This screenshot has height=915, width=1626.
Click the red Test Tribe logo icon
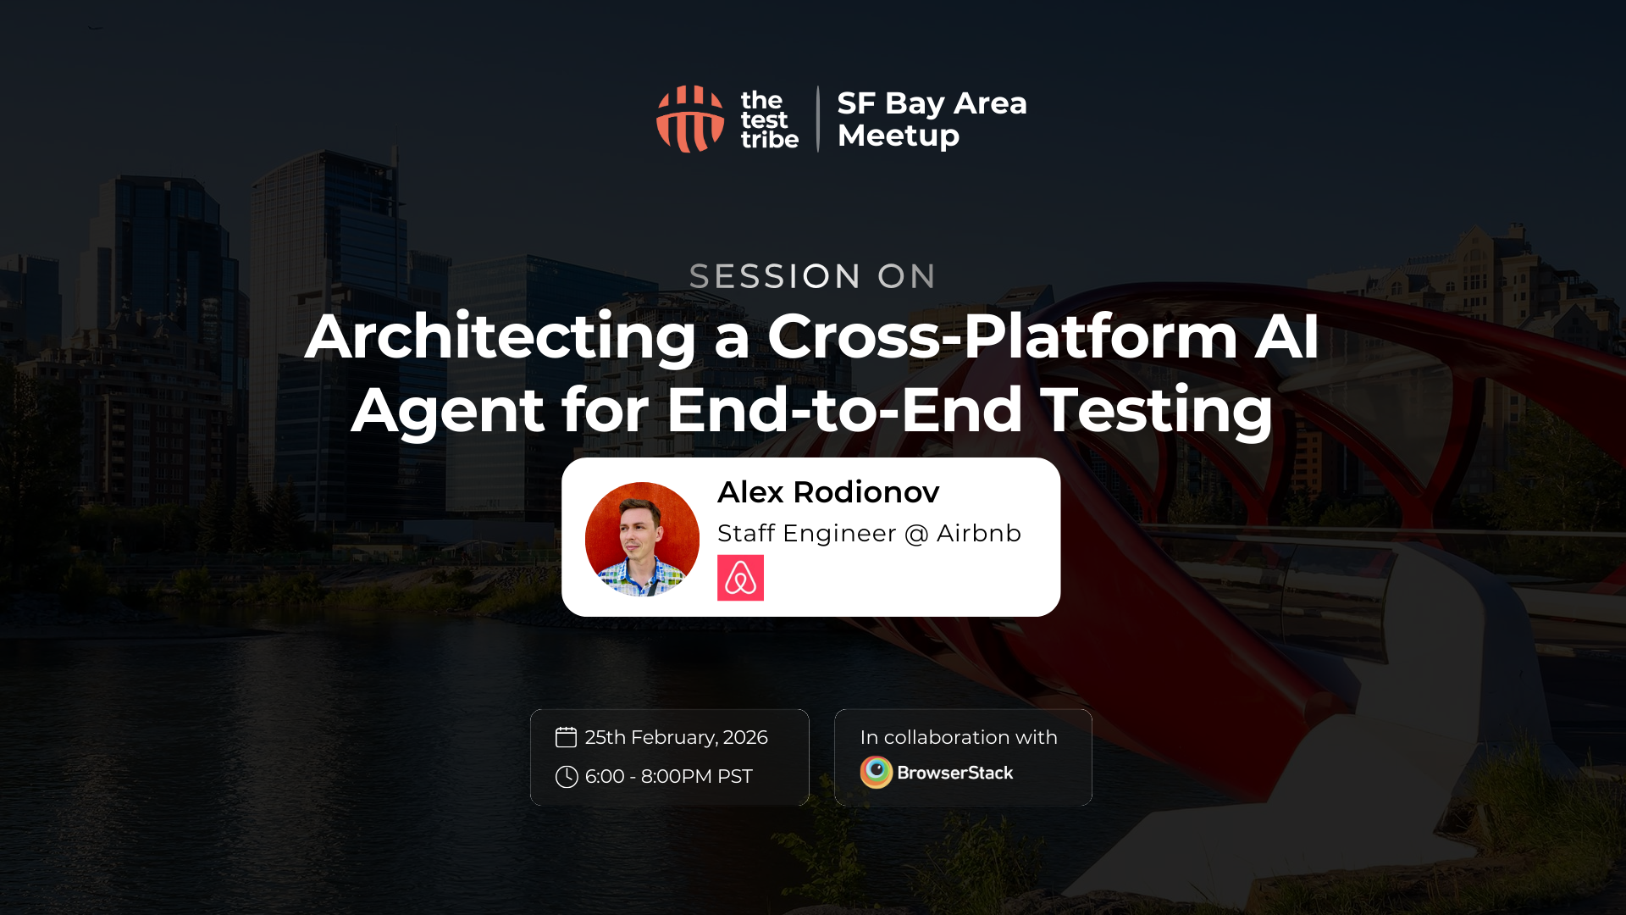coord(690,119)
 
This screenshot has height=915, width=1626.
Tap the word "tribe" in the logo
coord(769,140)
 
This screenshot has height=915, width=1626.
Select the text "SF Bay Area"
coord(932,103)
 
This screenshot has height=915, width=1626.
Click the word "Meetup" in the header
coord(898,136)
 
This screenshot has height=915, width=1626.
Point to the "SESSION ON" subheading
coord(812,276)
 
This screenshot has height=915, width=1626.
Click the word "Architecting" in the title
coord(501,336)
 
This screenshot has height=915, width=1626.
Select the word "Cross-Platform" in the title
coord(1003,336)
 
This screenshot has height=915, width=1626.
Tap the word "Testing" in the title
coord(1156,410)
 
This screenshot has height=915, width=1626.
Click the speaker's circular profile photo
coord(642,539)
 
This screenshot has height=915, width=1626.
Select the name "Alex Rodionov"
coord(827,492)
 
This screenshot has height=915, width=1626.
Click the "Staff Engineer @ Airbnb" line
coord(869,534)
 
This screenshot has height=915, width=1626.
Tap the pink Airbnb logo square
coord(740,578)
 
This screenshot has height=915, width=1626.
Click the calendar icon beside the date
coord(566,737)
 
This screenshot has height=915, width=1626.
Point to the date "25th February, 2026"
coord(676,737)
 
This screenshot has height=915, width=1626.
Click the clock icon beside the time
coord(567,777)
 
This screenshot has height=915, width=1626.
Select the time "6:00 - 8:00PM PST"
coord(668,777)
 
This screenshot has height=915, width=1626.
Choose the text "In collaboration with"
coord(959,737)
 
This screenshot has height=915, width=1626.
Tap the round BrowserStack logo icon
coord(877,773)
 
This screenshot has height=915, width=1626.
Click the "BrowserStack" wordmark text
coord(954,773)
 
